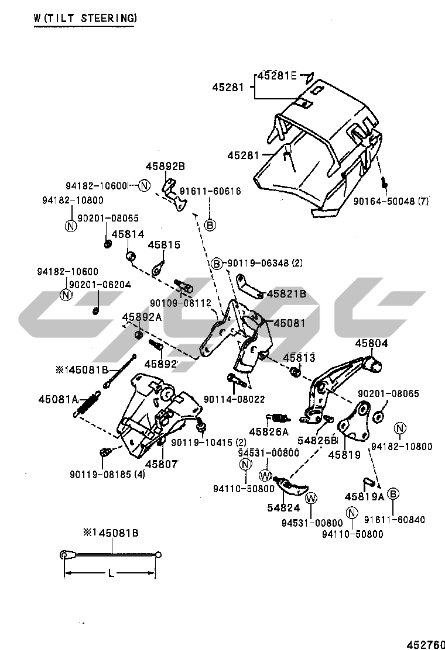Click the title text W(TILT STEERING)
coord(85,18)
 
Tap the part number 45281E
coord(278,75)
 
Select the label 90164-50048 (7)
coord(391,201)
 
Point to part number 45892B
coord(165,167)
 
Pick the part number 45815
coord(164,245)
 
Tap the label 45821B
coord(286,294)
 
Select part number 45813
coord(299,357)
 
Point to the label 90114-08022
coord(234,399)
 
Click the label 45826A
coord(269,432)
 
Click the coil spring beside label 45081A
coord(87,404)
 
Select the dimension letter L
coord(111,574)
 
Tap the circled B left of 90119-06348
coord(217,264)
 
